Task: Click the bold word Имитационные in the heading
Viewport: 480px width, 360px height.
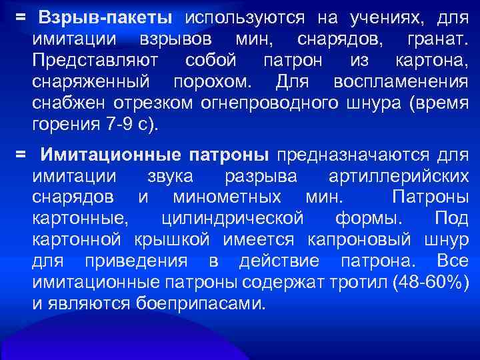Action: click(110, 155)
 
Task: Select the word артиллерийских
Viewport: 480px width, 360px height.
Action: click(399, 177)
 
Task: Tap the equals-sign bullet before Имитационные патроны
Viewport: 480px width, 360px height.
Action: click(21, 155)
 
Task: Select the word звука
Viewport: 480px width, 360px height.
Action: click(168, 177)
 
